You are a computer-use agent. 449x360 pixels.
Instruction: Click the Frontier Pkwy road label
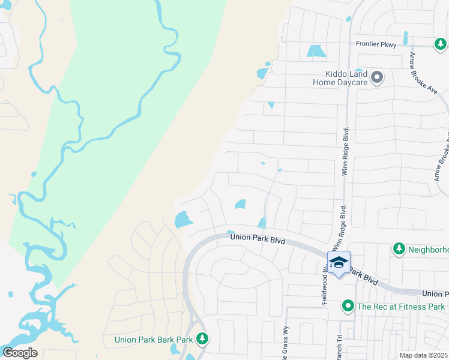pyautogui.click(x=376, y=44)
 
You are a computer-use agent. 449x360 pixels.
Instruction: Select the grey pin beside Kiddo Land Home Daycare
pyautogui.click(x=377, y=77)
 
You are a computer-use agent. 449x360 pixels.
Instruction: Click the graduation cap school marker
pyautogui.click(x=339, y=262)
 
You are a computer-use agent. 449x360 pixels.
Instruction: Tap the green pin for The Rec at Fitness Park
pyautogui.click(x=348, y=307)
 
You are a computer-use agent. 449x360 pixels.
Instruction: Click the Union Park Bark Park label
pyautogui.click(x=154, y=340)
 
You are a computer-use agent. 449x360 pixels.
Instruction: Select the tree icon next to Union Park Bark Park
pyautogui.click(x=202, y=339)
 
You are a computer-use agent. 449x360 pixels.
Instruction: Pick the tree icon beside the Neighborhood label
pyautogui.click(x=399, y=248)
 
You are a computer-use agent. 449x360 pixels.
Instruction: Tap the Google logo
pyautogui.click(x=19, y=353)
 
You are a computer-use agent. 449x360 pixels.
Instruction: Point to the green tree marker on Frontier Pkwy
pyautogui.click(x=441, y=44)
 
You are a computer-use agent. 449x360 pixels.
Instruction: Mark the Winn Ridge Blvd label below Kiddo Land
pyautogui.click(x=346, y=152)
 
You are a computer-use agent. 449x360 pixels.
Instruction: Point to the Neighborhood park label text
pyautogui.click(x=427, y=249)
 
